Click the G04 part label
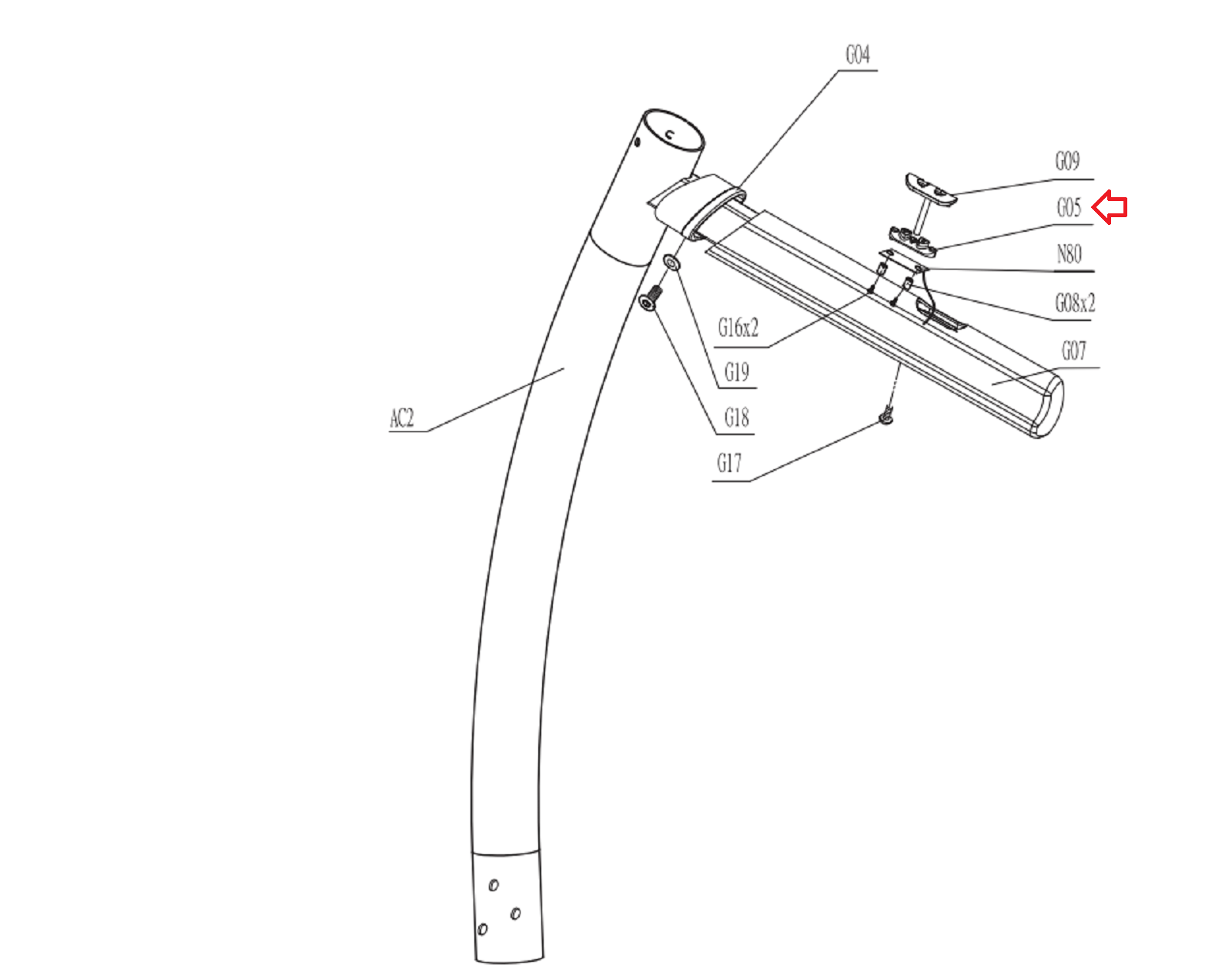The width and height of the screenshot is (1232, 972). (858, 55)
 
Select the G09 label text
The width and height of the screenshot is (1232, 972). (1068, 161)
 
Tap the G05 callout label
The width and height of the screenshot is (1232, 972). (1069, 207)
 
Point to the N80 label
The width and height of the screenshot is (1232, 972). (1069, 253)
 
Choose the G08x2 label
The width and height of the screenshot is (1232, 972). (1075, 303)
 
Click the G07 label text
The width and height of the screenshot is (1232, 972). (1073, 350)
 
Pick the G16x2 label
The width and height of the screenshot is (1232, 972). (738, 327)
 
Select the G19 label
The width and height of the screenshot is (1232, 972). (737, 372)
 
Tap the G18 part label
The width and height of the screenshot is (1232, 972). (737, 417)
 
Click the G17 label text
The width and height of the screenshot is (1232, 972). (729, 463)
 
